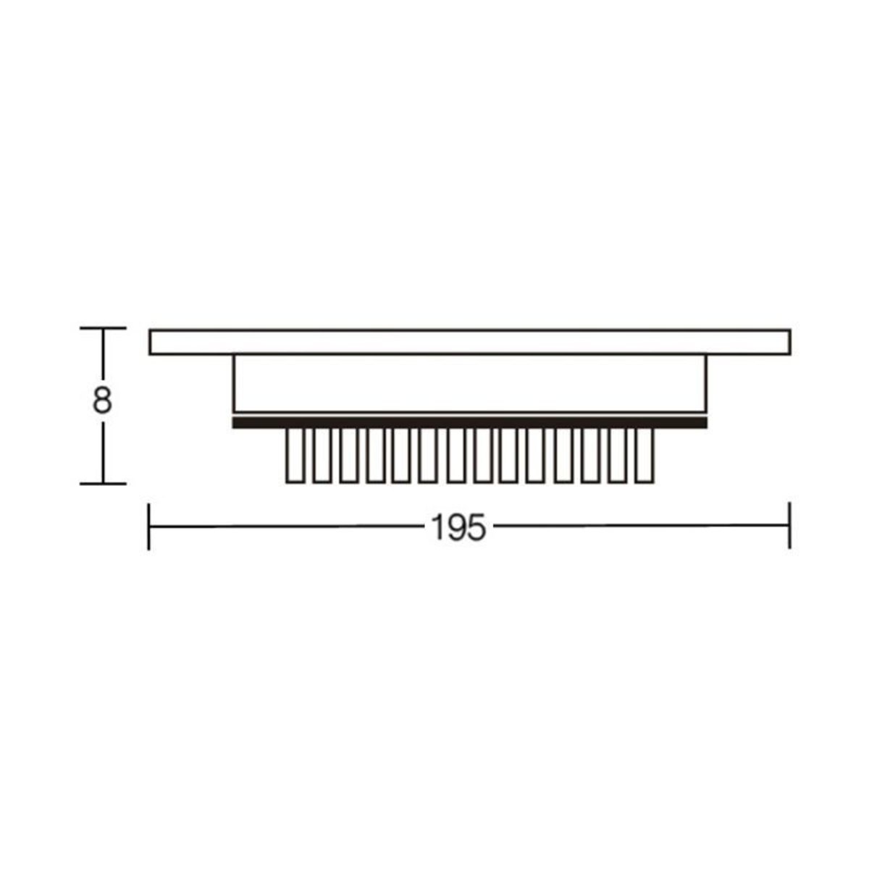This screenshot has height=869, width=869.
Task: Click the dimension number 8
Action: [x=102, y=400]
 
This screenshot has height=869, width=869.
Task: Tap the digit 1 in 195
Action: [x=437, y=527]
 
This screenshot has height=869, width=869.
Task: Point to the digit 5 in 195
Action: [x=477, y=527]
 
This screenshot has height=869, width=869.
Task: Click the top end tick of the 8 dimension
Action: [x=103, y=328]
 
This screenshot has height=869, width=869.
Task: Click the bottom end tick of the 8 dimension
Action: [x=103, y=484]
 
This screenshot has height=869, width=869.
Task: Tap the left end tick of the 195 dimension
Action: [x=149, y=526]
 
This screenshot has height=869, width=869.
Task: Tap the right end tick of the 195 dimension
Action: [x=789, y=525]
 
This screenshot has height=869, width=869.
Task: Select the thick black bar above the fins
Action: [x=469, y=422]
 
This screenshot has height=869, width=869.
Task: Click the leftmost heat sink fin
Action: [x=295, y=456]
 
